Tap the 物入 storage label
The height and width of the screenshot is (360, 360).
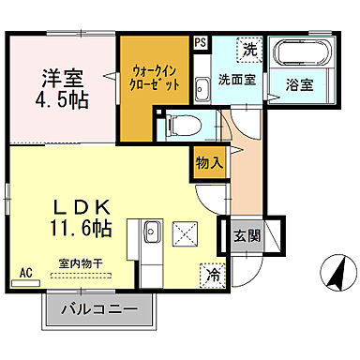(x=209, y=163)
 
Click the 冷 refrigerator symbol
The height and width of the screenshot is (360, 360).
(x=212, y=275)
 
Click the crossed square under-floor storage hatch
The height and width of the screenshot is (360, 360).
(x=186, y=232)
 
